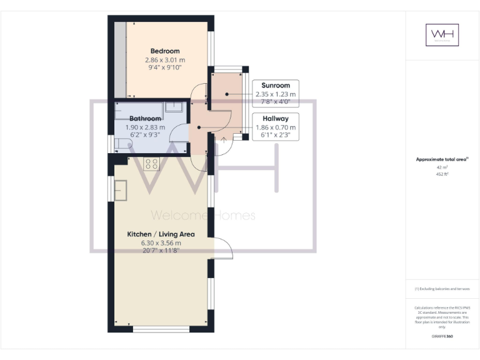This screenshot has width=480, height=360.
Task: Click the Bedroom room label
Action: [x=165, y=51]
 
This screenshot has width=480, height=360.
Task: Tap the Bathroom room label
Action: [x=146, y=118]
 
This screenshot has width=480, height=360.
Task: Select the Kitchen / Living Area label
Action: [x=161, y=234]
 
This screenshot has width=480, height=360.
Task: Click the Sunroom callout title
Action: [x=275, y=85]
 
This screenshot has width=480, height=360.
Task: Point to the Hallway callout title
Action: [x=275, y=117]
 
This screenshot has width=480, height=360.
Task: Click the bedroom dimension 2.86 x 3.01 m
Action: [x=165, y=60]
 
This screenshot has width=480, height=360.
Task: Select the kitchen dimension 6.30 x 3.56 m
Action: [x=161, y=243]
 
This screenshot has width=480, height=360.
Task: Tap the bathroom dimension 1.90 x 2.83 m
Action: [x=146, y=127]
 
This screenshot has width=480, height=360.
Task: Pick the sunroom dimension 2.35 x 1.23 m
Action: [x=275, y=94]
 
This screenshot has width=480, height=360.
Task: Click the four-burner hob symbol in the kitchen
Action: [x=152, y=164]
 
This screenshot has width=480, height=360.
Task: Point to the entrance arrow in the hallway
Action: [x=223, y=139]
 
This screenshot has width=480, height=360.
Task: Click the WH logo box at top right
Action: [x=442, y=35]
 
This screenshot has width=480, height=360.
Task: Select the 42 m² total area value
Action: [x=442, y=168]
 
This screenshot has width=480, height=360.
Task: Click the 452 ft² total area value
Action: [x=442, y=174]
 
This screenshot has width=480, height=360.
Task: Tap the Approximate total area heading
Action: [x=441, y=160]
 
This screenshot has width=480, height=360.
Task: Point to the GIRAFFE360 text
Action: [x=442, y=337]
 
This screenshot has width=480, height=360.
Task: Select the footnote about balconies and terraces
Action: [x=442, y=289]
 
